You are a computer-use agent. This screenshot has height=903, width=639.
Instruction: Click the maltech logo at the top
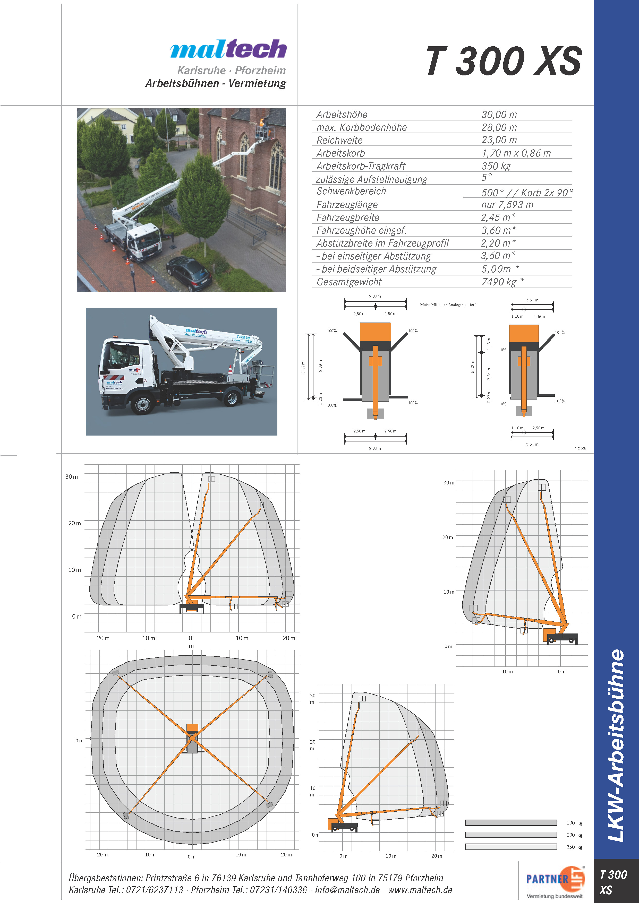click(x=228, y=49)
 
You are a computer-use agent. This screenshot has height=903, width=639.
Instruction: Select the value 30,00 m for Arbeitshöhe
click(x=499, y=115)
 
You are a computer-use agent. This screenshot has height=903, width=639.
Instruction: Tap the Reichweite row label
click(x=339, y=140)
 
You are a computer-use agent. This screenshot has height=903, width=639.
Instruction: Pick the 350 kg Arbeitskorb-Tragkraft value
click(x=496, y=166)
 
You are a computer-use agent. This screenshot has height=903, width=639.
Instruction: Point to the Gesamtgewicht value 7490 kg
click(x=499, y=282)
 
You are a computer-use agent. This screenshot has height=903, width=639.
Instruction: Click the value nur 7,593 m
click(x=507, y=204)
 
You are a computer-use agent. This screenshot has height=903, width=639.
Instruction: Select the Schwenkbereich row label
click(x=351, y=191)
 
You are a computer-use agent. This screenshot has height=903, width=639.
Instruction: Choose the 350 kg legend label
click(x=574, y=847)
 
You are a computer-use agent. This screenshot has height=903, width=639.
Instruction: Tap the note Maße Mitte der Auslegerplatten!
click(x=448, y=305)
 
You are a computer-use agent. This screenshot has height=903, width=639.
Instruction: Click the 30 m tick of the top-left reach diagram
click(x=72, y=477)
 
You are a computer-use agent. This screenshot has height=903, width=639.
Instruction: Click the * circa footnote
click(x=580, y=448)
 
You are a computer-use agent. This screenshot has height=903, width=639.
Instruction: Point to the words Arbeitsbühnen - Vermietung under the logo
click(x=216, y=83)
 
